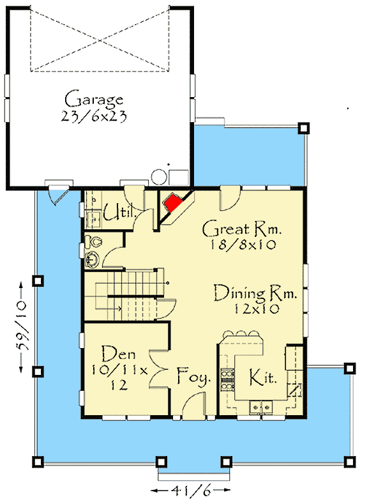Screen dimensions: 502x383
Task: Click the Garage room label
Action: [x=93, y=99]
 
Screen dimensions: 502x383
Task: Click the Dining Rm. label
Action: [x=255, y=293]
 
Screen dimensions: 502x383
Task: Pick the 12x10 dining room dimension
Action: [x=255, y=309]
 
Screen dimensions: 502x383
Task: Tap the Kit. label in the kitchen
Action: [x=262, y=377]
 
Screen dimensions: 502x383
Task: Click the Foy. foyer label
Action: [x=194, y=378]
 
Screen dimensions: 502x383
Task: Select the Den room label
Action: [x=117, y=353]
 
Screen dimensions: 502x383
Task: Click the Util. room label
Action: [x=119, y=212]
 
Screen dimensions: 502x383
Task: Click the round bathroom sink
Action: [x=93, y=259]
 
